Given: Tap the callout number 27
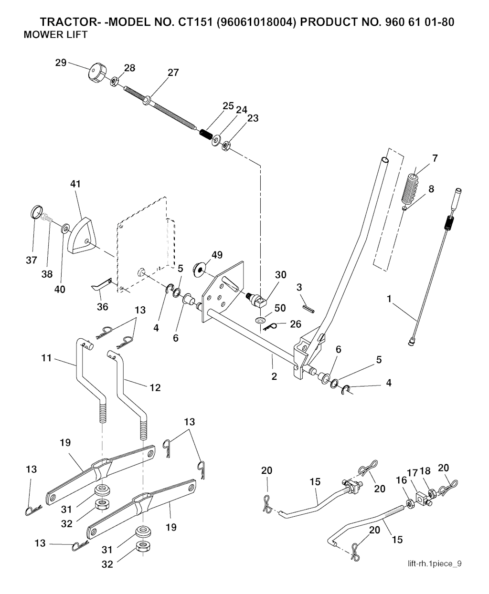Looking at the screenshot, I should [x=172, y=73].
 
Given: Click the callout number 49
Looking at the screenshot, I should [x=217, y=255].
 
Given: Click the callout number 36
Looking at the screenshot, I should [x=103, y=307].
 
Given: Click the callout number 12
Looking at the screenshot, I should [x=155, y=388].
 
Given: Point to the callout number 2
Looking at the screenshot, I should [x=274, y=376].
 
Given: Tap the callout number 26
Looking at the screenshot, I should [x=296, y=323].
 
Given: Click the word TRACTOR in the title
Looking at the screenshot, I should [x=67, y=22].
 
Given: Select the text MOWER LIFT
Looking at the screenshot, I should [x=55, y=35].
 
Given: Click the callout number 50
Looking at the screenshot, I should [x=281, y=308].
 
